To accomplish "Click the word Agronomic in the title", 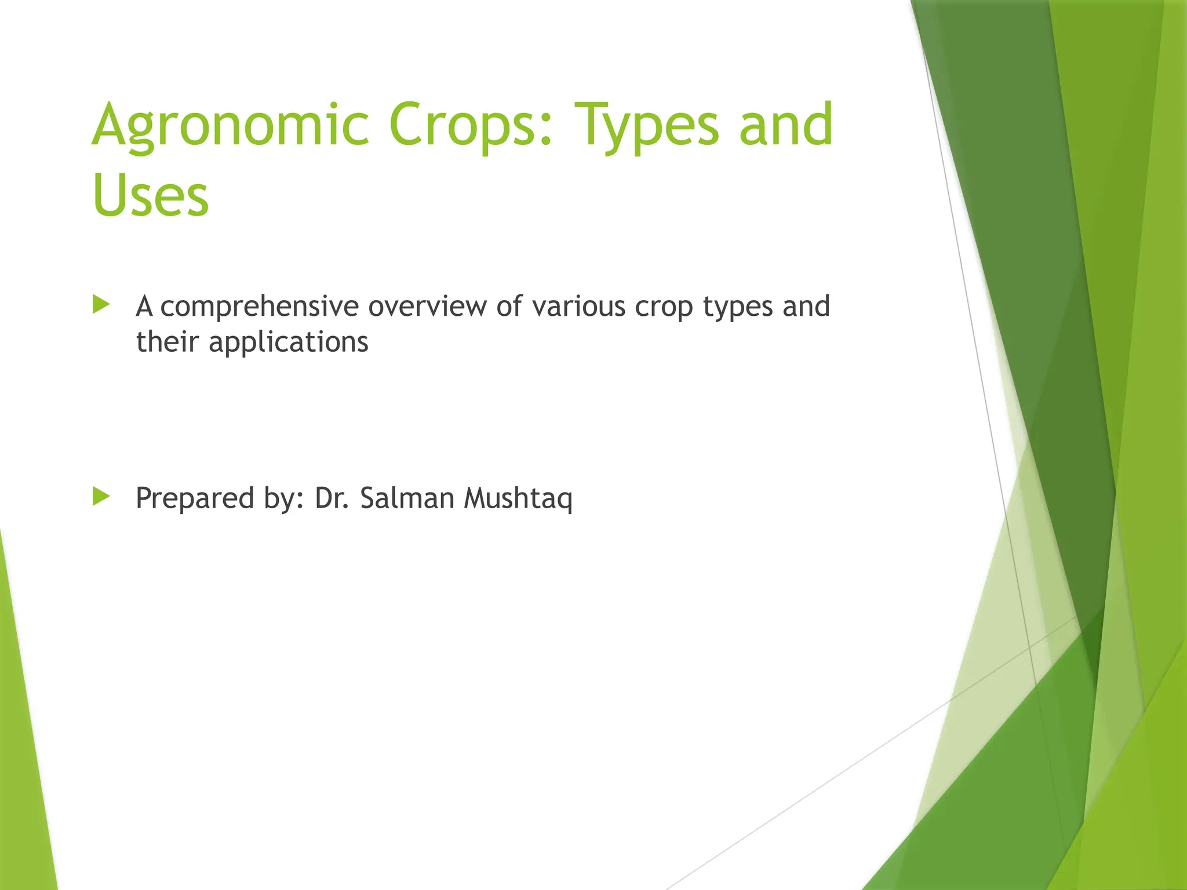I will (x=231, y=125).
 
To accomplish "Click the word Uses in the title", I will (x=150, y=195).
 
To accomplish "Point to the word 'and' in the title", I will (x=786, y=125).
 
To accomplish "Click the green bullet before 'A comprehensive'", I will (x=101, y=305).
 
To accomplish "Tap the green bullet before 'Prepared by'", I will (x=101, y=497).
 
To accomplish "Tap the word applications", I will (x=288, y=342).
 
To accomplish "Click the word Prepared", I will (x=194, y=498).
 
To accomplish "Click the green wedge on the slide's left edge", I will (x=23, y=753).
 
